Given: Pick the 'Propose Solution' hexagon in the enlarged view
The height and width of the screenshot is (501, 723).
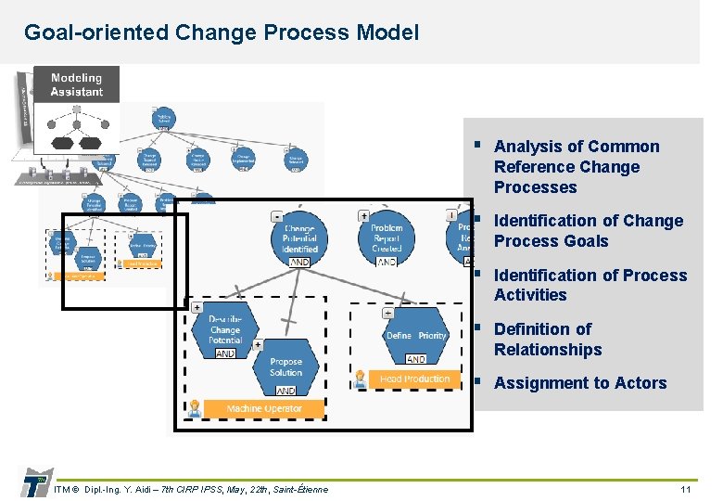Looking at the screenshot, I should pos(285,367).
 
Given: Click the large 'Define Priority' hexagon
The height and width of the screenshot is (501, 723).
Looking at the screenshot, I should pos(416,336).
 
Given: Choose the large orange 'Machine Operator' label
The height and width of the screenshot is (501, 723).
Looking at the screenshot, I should pos(263,408).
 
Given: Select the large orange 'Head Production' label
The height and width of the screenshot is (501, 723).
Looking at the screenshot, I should pos(414,379).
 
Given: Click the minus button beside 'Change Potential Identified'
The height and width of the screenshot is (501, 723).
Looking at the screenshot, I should pos(276,216).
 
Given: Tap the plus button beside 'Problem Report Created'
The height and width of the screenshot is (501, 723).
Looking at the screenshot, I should pos(364,216).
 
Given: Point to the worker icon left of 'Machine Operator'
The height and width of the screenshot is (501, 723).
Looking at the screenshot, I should pos(195,408).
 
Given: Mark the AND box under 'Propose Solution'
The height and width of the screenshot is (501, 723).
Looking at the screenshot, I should pos(285,392).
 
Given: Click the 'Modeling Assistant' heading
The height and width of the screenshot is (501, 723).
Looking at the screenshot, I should pos(77,85).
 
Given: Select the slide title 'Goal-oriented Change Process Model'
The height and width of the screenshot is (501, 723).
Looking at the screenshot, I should pos(222,32).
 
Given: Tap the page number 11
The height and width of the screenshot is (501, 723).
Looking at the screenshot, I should pos(686,489).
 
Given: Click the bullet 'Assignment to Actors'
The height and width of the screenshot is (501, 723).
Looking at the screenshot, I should pos(580,383).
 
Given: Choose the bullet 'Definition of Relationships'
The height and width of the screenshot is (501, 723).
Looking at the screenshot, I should pos(547,340).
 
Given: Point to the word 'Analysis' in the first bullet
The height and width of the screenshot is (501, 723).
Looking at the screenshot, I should pos(525,147).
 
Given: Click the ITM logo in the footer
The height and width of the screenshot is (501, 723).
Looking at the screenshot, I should pos(34,482).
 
